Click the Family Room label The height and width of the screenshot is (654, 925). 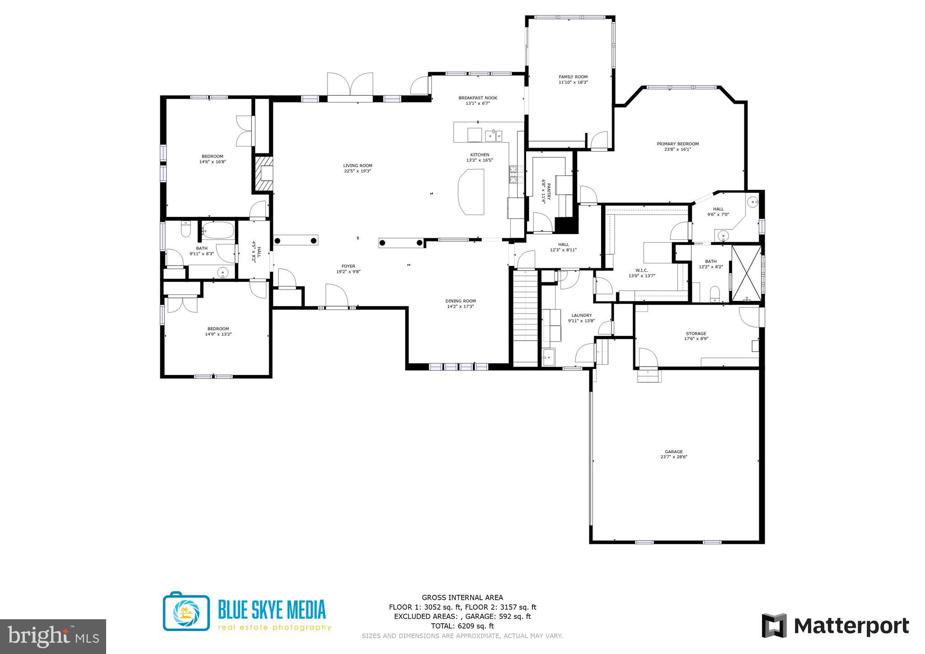[x=573, y=77]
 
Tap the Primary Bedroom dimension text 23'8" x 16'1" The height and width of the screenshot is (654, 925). [x=677, y=149]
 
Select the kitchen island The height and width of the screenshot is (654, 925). [x=471, y=192]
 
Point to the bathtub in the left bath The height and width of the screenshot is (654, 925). [x=217, y=230]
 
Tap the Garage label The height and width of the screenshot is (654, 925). [x=673, y=452]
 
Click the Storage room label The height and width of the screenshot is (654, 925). [x=696, y=334]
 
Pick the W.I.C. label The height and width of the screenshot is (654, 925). [x=641, y=270]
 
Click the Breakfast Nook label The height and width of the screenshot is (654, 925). [x=477, y=98]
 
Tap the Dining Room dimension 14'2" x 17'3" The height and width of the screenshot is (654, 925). [x=460, y=307]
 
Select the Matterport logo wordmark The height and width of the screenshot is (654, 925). [x=851, y=626]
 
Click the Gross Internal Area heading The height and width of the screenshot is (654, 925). [x=462, y=598]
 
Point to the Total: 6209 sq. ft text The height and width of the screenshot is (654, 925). [x=462, y=626]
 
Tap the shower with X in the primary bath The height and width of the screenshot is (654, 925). [x=746, y=273]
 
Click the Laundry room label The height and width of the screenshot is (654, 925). [x=581, y=316]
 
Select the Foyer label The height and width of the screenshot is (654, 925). [x=348, y=266]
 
